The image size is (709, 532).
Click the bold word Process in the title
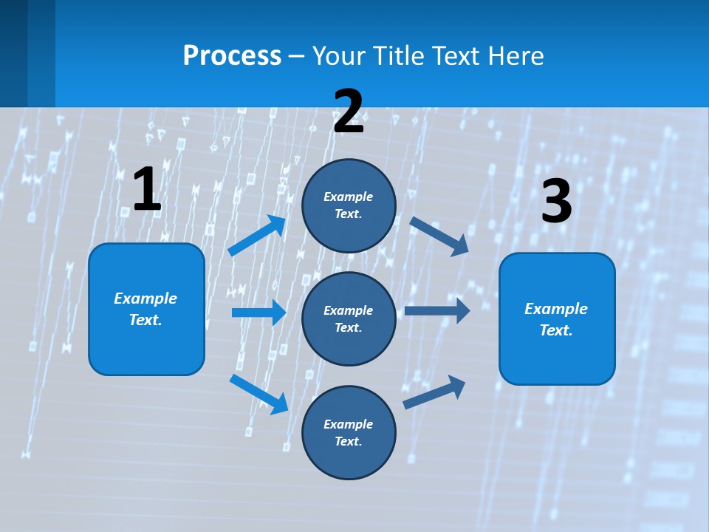[x=232, y=56]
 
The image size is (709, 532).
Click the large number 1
[x=147, y=190]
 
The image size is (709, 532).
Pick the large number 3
[x=556, y=201]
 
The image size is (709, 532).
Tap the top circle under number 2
[x=349, y=205]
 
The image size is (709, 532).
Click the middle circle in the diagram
[x=349, y=319]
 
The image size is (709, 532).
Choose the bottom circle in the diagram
[x=349, y=433]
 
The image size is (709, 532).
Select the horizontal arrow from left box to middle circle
[x=258, y=313]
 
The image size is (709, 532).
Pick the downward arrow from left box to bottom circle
[x=258, y=394]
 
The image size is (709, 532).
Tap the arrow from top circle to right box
[x=439, y=236]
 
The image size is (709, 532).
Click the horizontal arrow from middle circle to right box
[x=437, y=311]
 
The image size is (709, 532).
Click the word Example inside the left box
[x=145, y=299]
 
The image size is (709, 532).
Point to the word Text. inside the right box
[x=556, y=330]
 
